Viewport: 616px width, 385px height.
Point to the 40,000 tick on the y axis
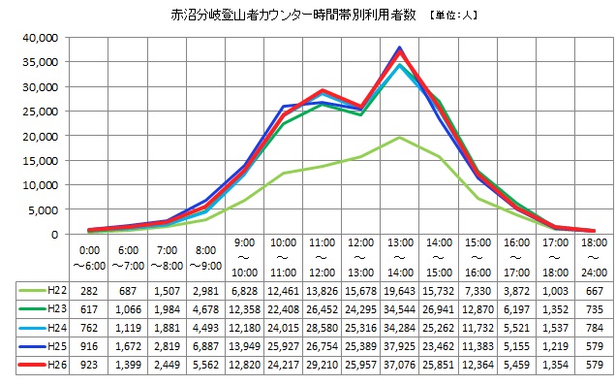pos(41,38)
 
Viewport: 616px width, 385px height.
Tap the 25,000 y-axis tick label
pos(41,112)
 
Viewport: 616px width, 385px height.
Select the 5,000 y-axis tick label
pos(44,209)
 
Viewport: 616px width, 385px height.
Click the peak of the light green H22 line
pos(400,138)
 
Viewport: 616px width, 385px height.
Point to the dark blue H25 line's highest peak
pos(400,48)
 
